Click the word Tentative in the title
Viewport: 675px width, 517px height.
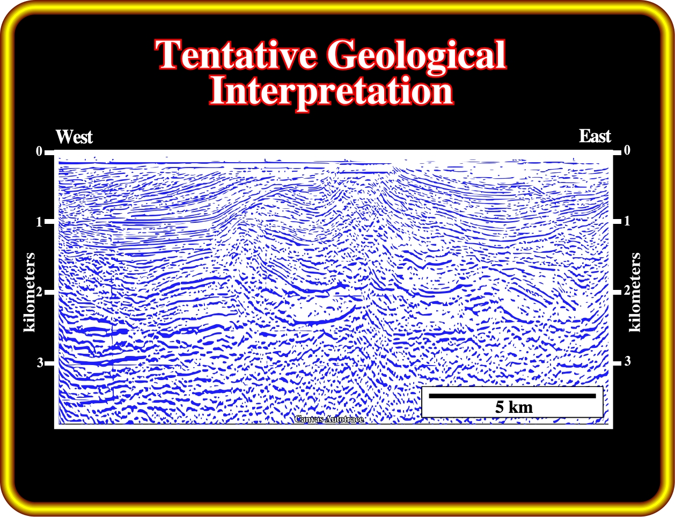[x=236, y=54]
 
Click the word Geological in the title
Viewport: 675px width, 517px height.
[x=417, y=57]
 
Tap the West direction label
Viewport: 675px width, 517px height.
[x=74, y=137]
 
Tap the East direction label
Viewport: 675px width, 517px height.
[x=595, y=136]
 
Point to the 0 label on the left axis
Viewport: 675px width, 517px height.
[x=39, y=151]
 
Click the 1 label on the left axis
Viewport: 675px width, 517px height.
[x=39, y=222]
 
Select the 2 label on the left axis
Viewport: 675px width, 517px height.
[x=39, y=292]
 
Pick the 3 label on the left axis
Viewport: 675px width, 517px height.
[x=40, y=362]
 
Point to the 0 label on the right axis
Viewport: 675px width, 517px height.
[x=627, y=150]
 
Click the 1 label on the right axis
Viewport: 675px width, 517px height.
[x=627, y=221]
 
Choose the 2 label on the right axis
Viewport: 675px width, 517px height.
[x=627, y=290]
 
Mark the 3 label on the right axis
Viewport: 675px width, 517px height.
[x=627, y=361]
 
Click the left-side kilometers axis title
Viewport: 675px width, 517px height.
[x=30, y=293]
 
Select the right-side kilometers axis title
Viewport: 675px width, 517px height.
[x=635, y=293]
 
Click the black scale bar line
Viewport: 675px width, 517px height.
[x=512, y=396]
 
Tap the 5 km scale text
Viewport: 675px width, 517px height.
[x=514, y=407]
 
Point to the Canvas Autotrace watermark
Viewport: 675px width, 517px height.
[x=329, y=419]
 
